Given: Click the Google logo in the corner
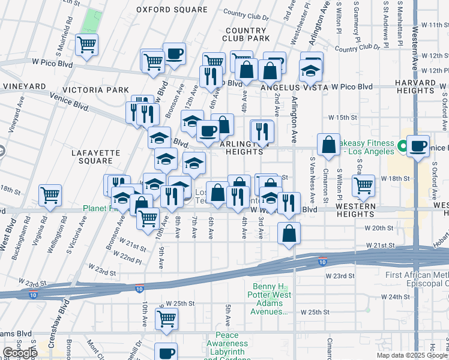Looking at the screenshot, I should (19, 353).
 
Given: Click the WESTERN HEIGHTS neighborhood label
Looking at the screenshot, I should (356, 209).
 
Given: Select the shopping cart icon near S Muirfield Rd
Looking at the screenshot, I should (88, 45).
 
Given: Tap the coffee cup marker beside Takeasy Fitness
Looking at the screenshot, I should (418, 146).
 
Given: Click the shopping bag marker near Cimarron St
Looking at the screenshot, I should (328, 146).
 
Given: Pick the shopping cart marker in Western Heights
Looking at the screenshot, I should (364, 186).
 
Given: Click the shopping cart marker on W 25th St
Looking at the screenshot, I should (167, 320).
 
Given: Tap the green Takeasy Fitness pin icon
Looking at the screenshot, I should (402, 145).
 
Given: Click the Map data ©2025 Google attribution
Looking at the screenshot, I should (411, 355).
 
